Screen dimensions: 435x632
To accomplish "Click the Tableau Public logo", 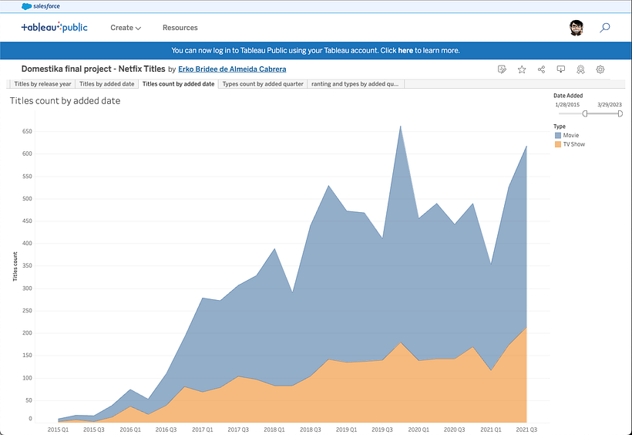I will (x=54, y=28).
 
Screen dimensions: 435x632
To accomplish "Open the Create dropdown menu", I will (x=125, y=28).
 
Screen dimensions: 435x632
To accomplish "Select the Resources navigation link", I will (x=180, y=28).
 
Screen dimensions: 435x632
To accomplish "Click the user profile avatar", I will (x=576, y=28).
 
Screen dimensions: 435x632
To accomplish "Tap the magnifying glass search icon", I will (x=605, y=28).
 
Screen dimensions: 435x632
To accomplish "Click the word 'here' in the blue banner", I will (x=405, y=50).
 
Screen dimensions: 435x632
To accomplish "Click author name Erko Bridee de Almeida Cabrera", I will (x=232, y=69).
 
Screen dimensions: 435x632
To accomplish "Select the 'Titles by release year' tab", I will (x=42, y=84).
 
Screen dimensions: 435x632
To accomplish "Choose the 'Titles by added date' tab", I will (x=107, y=84).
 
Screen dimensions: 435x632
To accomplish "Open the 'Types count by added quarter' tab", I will (x=263, y=84).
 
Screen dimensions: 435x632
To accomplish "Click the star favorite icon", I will (x=522, y=69).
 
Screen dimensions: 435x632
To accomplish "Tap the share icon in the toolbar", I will (x=542, y=69).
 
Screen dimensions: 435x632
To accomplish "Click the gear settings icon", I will (x=600, y=69).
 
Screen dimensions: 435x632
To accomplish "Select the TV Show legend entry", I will (x=573, y=144).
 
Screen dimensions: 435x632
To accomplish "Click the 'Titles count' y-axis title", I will (x=15, y=266).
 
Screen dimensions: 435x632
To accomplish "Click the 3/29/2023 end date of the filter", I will (x=609, y=103).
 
